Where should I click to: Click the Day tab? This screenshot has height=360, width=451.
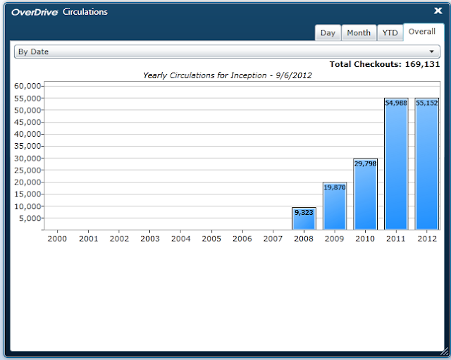click(x=328, y=33)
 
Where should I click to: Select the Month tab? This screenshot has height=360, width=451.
click(x=359, y=33)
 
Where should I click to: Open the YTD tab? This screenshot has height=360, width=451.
click(x=390, y=33)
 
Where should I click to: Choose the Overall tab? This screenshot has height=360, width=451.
click(x=422, y=32)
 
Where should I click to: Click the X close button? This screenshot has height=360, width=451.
click(x=438, y=11)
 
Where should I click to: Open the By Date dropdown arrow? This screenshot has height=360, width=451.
click(x=431, y=51)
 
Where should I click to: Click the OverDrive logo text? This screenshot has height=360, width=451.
click(x=35, y=12)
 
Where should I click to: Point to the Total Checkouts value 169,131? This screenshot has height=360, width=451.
click(x=422, y=64)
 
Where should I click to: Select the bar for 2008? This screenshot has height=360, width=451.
click(x=304, y=218)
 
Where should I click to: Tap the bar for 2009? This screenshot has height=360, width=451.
click(x=335, y=206)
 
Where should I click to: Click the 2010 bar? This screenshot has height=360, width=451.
click(x=365, y=194)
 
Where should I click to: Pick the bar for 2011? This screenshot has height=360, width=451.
click(x=396, y=164)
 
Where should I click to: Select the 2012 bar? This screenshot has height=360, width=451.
click(x=427, y=164)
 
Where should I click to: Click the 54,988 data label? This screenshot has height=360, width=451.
click(x=396, y=103)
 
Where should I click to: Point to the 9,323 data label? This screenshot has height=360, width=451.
click(x=304, y=213)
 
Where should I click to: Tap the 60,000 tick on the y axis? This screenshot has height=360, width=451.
click(x=27, y=86)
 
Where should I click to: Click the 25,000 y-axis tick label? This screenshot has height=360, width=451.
click(x=27, y=170)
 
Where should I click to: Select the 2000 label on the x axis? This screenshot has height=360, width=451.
click(x=57, y=239)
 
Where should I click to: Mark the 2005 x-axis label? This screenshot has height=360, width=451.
click(x=211, y=239)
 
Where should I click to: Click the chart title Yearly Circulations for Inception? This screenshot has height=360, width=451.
click(x=205, y=75)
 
